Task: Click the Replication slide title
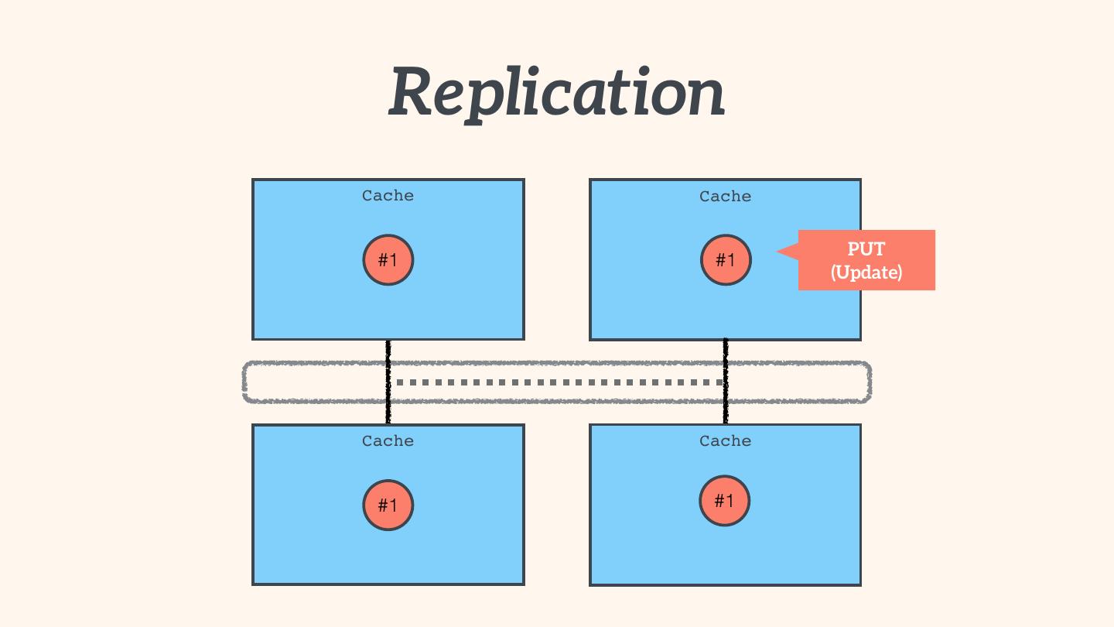click(556, 93)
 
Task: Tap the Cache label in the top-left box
click(388, 196)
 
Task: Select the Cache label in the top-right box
click(725, 197)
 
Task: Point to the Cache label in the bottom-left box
click(388, 441)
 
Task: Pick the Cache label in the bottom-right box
click(725, 441)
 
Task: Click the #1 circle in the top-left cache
click(388, 260)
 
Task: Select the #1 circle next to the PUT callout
click(726, 260)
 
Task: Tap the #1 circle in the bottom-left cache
click(388, 505)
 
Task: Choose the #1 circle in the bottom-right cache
click(725, 501)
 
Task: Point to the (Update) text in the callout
click(866, 272)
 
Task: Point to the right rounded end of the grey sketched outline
click(870, 382)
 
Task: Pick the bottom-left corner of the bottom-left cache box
click(254, 584)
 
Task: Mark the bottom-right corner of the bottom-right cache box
click(859, 584)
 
